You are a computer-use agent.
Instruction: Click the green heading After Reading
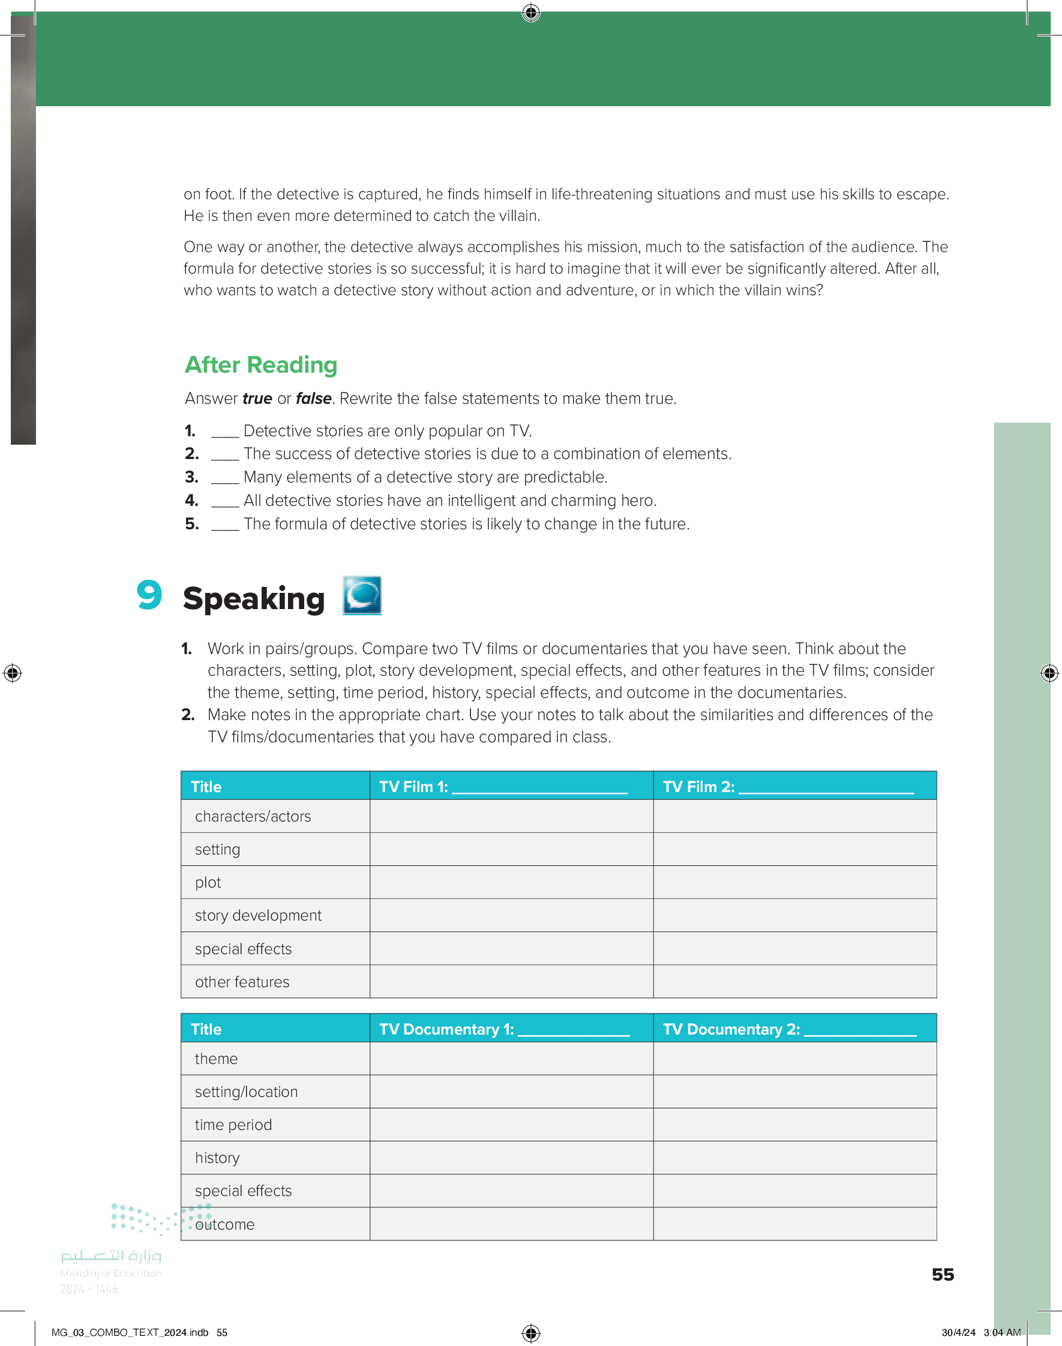point(261,365)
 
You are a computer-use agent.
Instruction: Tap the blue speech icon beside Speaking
point(362,596)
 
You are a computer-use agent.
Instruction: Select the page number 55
point(943,1275)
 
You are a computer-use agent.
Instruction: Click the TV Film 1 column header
point(502,787)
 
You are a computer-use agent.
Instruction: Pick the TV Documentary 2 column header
point(789,1029)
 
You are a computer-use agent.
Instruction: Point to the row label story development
point(258,915)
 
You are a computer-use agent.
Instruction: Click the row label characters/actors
point(253,816)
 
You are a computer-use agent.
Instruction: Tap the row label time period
point(233,1125)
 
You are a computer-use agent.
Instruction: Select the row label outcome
point(225,1224)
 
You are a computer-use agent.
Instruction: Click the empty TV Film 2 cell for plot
point(794,882)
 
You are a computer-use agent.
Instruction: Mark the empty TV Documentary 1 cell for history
point(511,1158)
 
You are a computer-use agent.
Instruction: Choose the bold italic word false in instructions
point(313,398)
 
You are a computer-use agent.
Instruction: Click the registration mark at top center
point(531,13)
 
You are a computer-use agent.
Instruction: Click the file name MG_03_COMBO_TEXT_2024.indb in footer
point(130,1332)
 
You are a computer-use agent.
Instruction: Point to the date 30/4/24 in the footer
point(958,1332)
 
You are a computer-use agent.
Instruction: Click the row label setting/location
point(246,1092)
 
